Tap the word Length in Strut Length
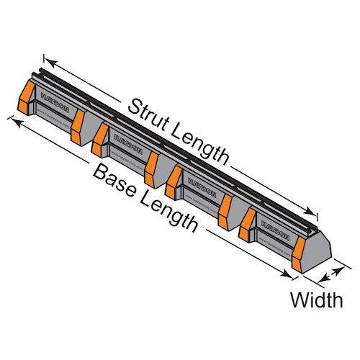click(197, 144)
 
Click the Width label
click(316, 300)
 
